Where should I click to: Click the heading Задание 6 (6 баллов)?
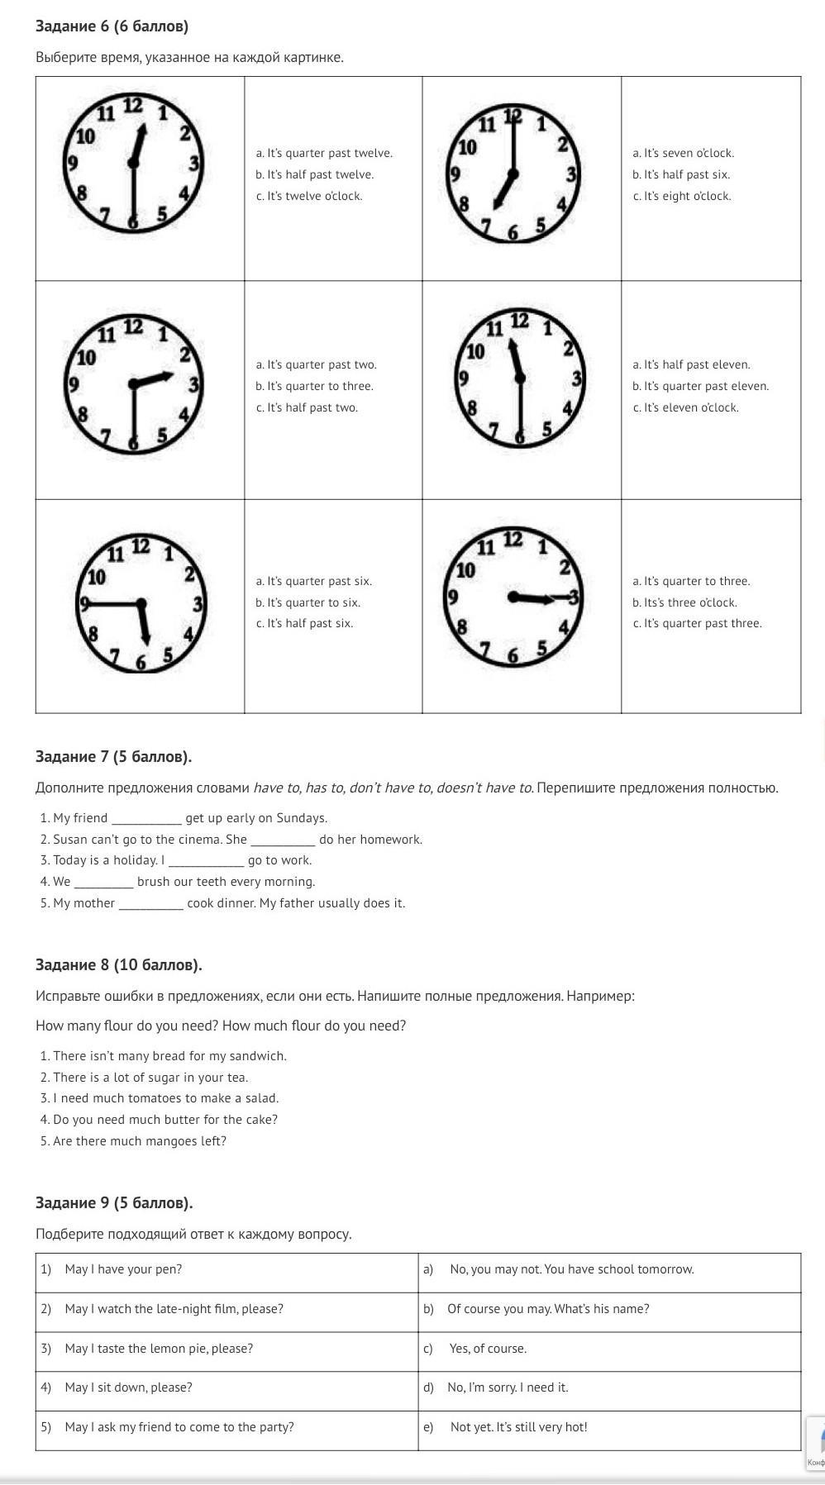coord(112,26)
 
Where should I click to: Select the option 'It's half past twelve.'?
coord(314,174)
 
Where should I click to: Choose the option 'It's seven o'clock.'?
coord(683,153)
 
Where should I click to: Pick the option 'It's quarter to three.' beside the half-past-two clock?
coord(314,386)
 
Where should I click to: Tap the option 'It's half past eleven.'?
coord(691,364)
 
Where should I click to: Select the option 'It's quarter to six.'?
coord(308,602)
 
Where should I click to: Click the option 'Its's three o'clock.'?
coord(684,602)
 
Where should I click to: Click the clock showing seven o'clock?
coord(513,174)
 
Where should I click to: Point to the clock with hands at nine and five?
coord(141,603)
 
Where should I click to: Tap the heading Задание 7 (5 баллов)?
coord(113,756)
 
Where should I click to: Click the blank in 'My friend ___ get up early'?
coord(146,819)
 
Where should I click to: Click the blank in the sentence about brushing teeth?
coord(103,883)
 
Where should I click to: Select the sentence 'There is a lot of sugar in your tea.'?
coord(150,1077)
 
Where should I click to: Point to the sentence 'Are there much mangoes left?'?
coord(139,1140)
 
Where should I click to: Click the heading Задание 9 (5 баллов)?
coord(114,1202)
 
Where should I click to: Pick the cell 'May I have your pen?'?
coord(123,1268)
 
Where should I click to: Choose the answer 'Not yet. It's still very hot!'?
coord(518,1426)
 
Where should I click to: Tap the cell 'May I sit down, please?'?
coord(128,1387)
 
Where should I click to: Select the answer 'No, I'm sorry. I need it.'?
coord(508,1387)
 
